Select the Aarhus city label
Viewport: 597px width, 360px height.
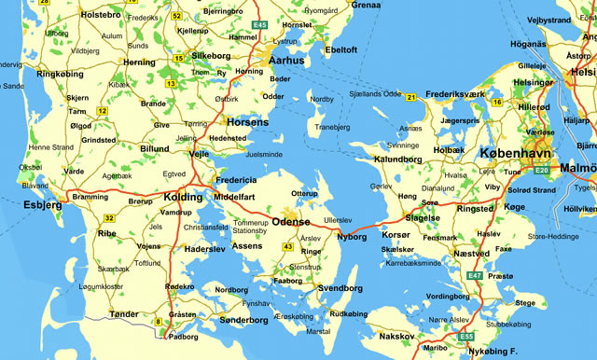click(286, 60)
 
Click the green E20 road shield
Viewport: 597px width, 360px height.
click(542, 171)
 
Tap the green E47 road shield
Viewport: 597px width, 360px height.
click(476, 277)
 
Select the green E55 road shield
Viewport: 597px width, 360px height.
click(466, 336)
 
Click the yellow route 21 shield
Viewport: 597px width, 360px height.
click(410, 96)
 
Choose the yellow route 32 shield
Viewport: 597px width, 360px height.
click(109, 218)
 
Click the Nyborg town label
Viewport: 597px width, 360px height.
click(351, 237)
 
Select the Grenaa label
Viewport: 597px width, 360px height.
click(367, 6)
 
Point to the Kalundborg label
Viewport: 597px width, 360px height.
click(398, 159)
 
